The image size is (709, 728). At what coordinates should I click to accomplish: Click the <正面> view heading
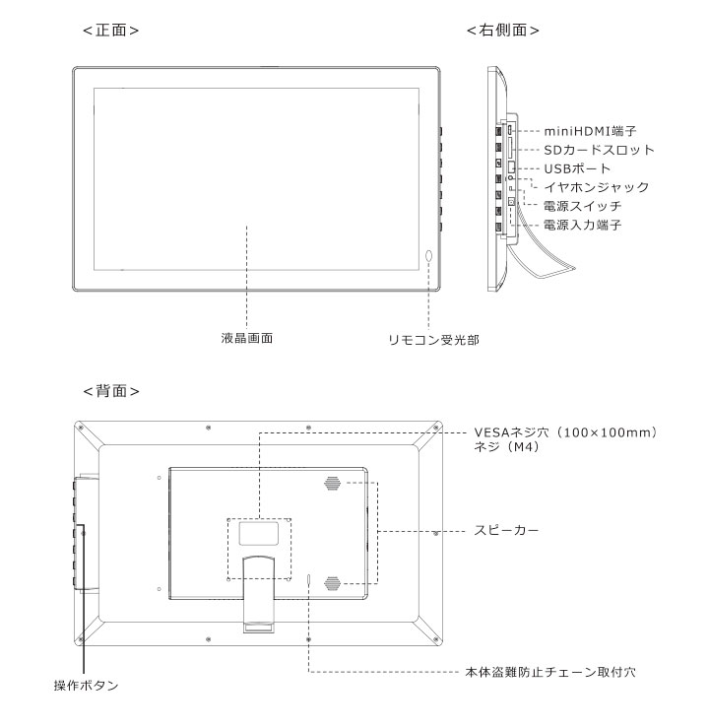[x=111, y=31]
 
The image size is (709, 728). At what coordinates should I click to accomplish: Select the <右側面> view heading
[x=503, y=31]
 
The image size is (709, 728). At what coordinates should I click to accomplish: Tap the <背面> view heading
[x=111, y=391]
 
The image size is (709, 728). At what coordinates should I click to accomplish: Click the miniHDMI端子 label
[x=590, y=131]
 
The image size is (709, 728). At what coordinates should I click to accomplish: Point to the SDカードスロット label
[x=599, y=150]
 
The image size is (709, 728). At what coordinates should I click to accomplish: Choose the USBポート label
[x=577, y=168]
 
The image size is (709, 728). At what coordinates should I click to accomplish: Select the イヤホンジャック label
[x=597, y=187]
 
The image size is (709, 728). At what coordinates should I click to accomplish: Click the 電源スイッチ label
[x=582, y=206]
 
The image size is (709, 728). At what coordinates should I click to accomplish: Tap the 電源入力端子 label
[x=582, y=226]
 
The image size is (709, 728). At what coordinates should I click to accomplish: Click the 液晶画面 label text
[x=247, y=338]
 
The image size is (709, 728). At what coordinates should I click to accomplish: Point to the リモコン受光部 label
[x=434, y=340]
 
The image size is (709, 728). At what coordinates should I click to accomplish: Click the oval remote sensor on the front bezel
[x=428, y=257]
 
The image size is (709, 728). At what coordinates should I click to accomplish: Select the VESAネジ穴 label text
[x=511, y=432]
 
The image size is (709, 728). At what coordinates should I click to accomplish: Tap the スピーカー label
[x=506, y=530]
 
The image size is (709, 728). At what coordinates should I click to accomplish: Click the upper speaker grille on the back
[x=332, y=484]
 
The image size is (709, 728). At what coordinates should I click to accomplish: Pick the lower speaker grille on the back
[x=332, y=583]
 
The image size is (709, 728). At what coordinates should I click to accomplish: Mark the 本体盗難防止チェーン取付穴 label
[x=550, y=672]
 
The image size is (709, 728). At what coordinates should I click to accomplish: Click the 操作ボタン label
[x=87, y=686]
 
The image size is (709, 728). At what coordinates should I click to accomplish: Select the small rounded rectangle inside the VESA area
[x=259, y=534]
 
